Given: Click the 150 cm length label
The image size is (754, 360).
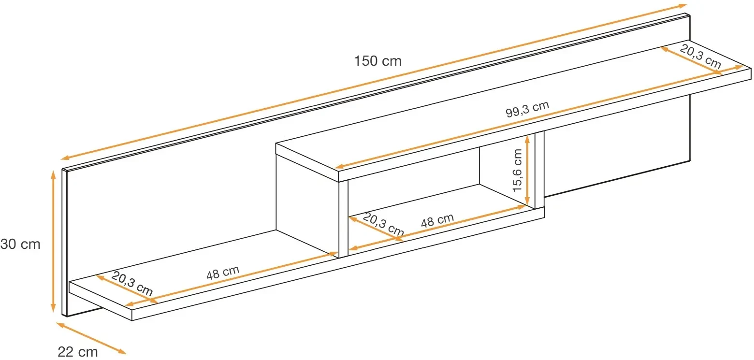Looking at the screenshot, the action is pyautogui.click(x=377, y=61).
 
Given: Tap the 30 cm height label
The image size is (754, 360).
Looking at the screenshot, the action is pyautogui.click(x=20, y=244).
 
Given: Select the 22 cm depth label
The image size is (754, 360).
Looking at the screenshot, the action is pyautogui.click(x=78, y=352).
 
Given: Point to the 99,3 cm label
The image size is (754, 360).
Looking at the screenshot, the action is pyautogui.click(x=527, y=109).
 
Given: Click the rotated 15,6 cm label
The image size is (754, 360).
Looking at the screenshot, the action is pyautogui.click(x=517, y=170).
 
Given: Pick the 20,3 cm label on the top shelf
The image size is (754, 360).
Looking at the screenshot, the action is pyautogui.click(x=700, y=56).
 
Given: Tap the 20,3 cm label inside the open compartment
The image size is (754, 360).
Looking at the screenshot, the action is pyautogui.click(x=383, y=224).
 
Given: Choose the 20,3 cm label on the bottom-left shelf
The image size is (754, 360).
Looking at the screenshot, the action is pyautogui.click(x=132, y=283).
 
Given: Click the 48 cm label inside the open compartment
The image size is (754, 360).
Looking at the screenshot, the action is pyautogui.click(x=437, y=221).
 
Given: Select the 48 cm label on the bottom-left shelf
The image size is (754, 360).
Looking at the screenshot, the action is pyautogui.click(x=222, y=273).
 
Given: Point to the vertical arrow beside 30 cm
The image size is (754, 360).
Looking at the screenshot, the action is pyautogui.click(x=53, y=241).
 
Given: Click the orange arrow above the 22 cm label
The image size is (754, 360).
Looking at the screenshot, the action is pyautogui.click(x=91, y=338).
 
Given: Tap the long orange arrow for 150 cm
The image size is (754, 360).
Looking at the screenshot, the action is pyautogui.click(x=374, y=82).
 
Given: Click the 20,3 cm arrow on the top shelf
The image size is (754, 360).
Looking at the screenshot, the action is pyautogui.click(x=691, y=60).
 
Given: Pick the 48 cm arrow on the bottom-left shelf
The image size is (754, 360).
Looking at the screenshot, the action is pyautogui.click(x=232, y=279).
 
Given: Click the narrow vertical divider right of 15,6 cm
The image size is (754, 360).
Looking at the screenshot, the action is pyautogui.click(x=539, y=170).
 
